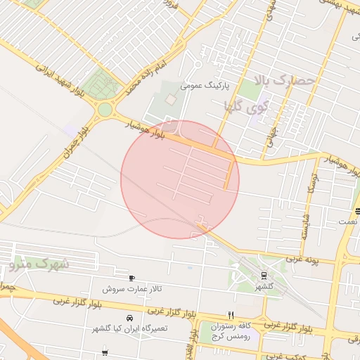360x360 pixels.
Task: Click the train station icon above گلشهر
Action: click(263, 275)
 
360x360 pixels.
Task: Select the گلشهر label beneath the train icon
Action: click(263, 286)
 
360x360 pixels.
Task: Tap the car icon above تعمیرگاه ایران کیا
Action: click(129, 318)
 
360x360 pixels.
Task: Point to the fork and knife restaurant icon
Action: click(230, 314)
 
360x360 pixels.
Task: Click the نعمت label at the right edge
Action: click(347, 221)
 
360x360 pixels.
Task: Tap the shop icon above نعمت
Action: click(356, 210)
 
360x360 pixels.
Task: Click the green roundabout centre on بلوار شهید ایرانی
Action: click(105, 109)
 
